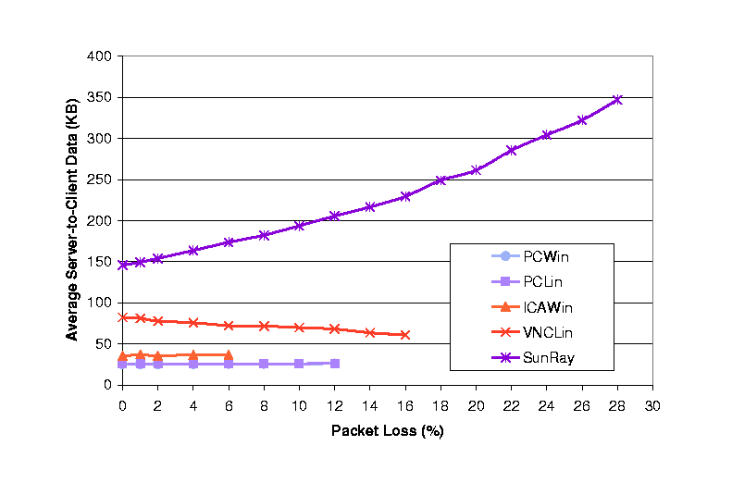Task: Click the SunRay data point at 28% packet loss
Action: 617,100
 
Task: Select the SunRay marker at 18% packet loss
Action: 440,180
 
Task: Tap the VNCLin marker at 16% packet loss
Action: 405,334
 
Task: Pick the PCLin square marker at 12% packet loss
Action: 334,364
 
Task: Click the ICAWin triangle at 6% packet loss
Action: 228,354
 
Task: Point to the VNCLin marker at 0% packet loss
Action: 122,317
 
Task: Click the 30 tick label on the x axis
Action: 652,405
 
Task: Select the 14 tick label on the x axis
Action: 369,405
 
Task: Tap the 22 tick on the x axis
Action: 511,405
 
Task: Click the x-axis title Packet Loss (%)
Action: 388,431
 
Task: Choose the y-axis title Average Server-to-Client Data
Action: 72,220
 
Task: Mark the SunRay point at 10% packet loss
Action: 299,226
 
